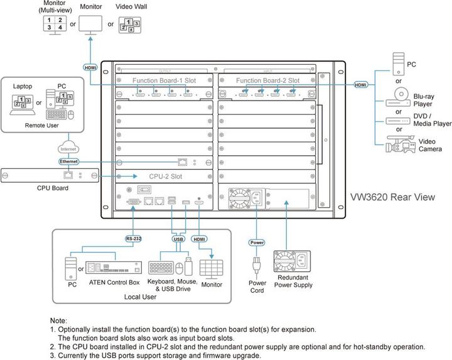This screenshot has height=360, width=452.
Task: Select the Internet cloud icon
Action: pyautogui.click(x=68, y=149)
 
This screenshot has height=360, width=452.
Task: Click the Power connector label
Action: pyautogui.click(x=256, y=241)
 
